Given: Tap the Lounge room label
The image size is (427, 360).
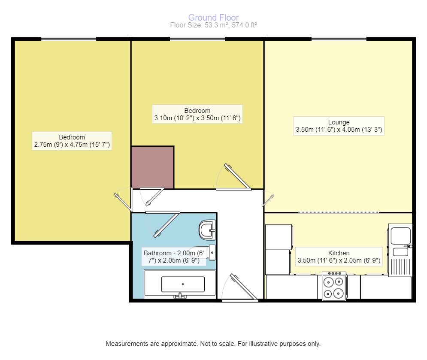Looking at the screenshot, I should coord(339,122).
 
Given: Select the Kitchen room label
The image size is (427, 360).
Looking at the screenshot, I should coord(339,253).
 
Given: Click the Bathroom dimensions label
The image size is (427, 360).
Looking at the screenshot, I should coord(175,256).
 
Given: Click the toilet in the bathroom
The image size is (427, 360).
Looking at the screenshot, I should coord(207,230).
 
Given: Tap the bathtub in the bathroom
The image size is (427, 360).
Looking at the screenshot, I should coord(180,284).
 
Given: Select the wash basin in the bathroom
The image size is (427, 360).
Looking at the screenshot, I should coord(211,253).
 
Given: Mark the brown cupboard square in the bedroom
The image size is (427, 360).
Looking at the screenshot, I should coord(152,167).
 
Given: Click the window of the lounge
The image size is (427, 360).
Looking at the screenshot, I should coord(339,39).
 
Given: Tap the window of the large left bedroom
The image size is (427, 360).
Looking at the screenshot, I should coord(69,39).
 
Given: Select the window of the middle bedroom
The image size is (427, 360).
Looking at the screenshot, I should coord(197,39).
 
